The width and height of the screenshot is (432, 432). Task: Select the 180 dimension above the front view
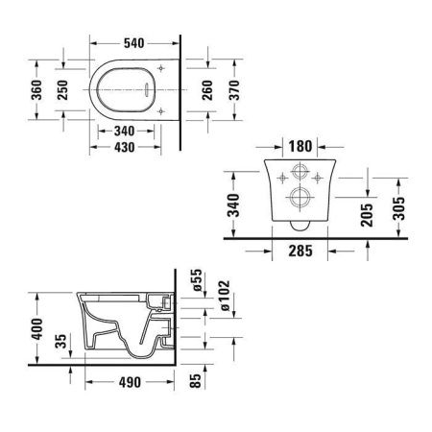pyautogui.click(x=300, y=147)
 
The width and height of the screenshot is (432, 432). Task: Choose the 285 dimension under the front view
pyautogui.click(x=300, y=255)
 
